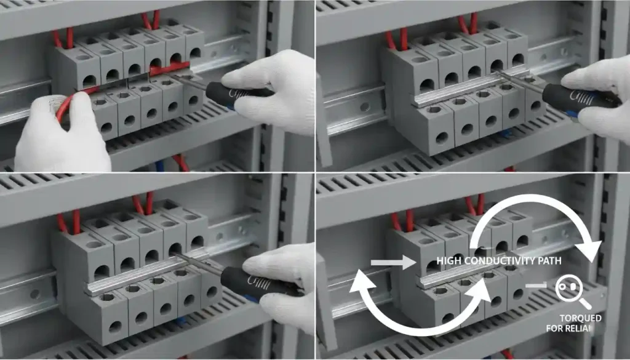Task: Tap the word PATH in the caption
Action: coord(549,261)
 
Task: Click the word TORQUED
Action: coord(580,318)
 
